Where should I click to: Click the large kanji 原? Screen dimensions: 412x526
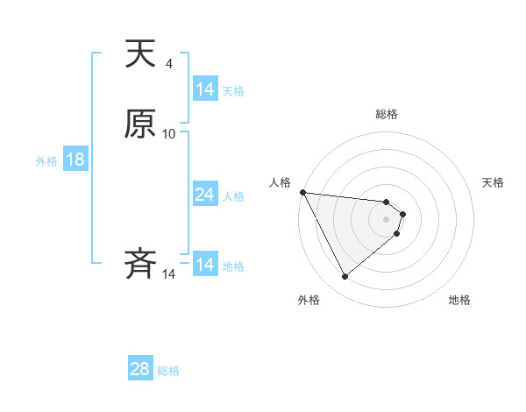[140, 124]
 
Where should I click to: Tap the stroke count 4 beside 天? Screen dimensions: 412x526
[168, 64]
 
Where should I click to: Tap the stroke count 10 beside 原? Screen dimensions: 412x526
[169, 134]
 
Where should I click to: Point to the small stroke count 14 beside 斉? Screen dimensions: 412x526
[169, 274]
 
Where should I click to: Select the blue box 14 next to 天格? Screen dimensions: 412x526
[205, 89]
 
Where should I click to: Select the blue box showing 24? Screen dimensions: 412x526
[205, 195]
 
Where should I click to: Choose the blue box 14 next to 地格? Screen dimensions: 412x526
[205, 265]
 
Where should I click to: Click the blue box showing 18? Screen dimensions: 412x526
[75, 160]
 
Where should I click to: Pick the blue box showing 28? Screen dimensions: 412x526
[140, 369]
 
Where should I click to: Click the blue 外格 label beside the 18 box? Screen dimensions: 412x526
[46, 161]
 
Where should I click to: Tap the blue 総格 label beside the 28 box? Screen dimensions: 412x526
[168, 371]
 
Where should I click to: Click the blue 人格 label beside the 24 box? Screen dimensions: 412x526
[233, 196]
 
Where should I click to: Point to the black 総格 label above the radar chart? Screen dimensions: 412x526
[387, 114]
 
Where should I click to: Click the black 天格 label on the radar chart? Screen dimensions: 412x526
[493, 182]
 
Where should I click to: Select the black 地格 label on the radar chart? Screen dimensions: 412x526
[459, 300]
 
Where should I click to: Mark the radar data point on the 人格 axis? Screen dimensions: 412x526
[302, 192]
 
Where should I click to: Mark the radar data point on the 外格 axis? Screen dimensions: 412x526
[345, 277]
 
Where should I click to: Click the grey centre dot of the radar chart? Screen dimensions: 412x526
[387, 218]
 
